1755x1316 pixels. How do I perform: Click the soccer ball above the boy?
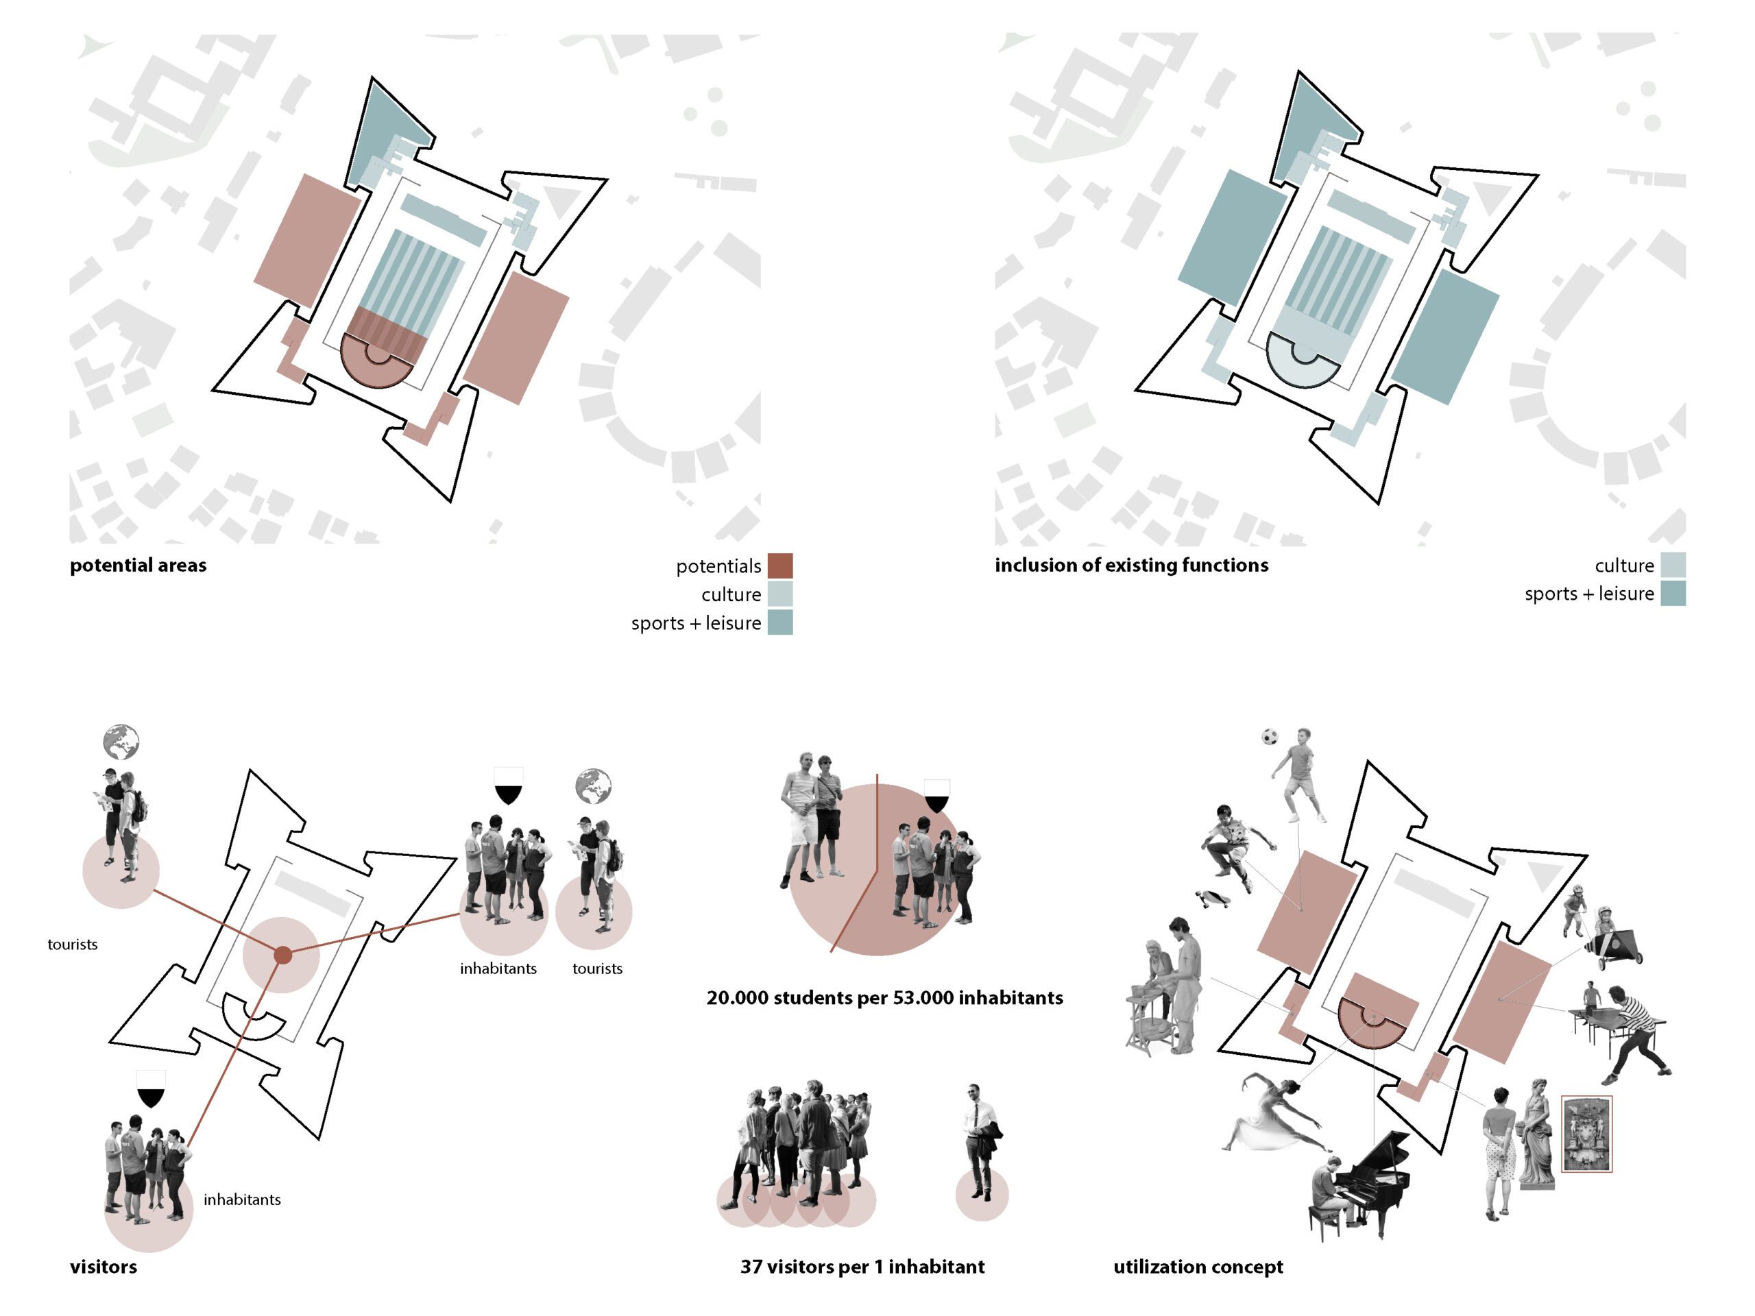point(1270,736)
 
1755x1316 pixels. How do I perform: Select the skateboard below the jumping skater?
point(1214,899)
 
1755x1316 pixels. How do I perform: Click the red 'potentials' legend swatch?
point(780,565)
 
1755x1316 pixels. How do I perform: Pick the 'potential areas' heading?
point(138,565)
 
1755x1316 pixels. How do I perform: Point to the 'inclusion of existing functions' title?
point(1131,565)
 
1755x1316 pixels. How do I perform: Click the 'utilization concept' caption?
point(1198,1267)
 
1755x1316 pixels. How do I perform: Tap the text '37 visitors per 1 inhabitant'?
point(862,1267)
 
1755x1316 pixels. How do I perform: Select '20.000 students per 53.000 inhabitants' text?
point(884,997)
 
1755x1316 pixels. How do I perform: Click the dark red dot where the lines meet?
point(282,955)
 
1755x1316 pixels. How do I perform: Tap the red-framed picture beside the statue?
point(1586,1134)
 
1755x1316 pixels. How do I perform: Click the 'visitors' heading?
point(103,1267)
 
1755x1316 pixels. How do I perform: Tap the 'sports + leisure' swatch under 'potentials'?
point(780,622)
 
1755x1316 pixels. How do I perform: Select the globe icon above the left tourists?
point(121,742)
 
